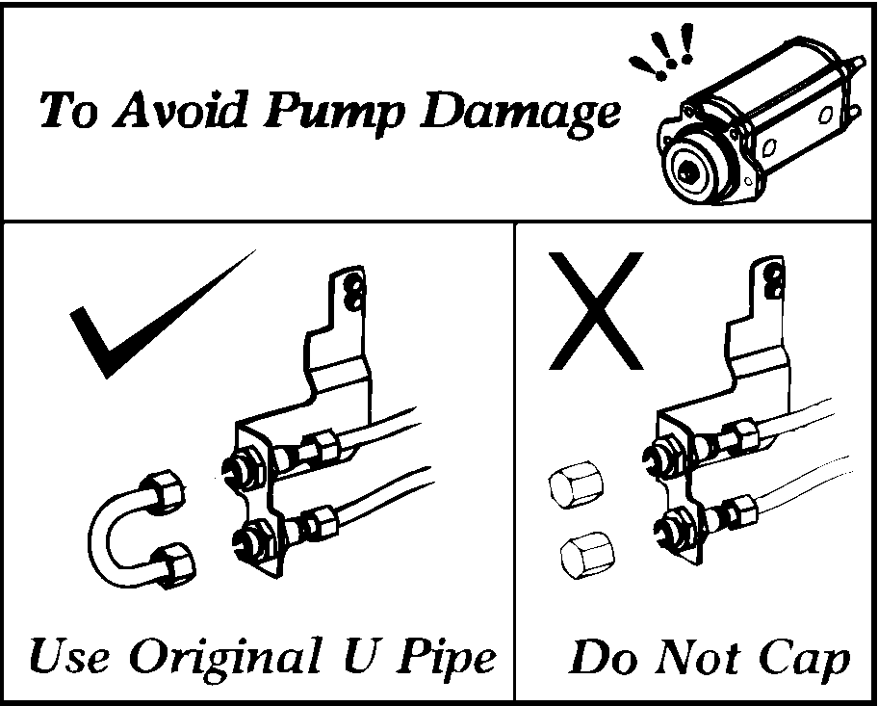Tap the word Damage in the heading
tap(521, 114)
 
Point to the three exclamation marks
tap(663, 52)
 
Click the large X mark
tap(596, 311)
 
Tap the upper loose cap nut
tap(577, 484)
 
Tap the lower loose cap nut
tap(587, 555)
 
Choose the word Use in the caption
tap(69, 656)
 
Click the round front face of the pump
tap(688, 170)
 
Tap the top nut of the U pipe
tap(165, 487)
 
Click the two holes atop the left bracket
tap(355, 294)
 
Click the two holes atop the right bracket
tap(777, 282)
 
